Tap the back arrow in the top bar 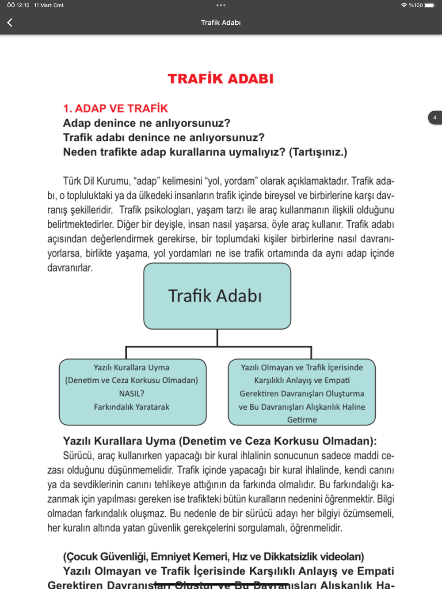(10, 23)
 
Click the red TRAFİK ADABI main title (221, 79)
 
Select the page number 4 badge (434, 117)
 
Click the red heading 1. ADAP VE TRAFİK (115, 108)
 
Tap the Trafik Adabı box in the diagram (217, 296)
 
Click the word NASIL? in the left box (132, 393)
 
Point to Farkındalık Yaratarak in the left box (132, 407)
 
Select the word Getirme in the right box (302, 419)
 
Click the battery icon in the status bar (430, 5)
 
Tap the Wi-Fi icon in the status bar (404, 5)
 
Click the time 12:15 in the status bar (23, 5)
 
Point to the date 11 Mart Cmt (49, 5)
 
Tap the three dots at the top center (221, 5)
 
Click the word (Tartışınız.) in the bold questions (318, 152)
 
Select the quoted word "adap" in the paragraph (146, 181)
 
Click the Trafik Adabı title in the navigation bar (221, 23)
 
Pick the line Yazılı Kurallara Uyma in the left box (132, 367)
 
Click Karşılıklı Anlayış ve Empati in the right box (302, 380)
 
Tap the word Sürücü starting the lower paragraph (78, 455)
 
